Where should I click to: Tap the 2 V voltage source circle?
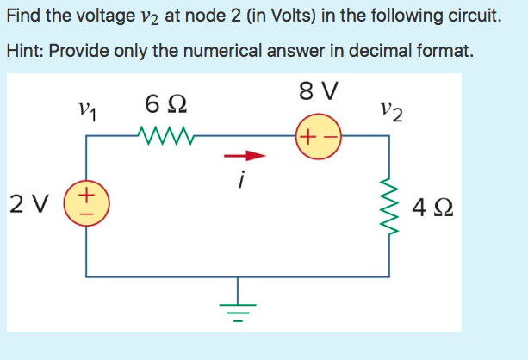[x=86, y=204]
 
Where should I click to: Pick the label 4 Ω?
[x=434, y=208]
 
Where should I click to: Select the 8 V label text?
[x=318, y=90]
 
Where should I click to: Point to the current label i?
[x=243, y=181]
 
